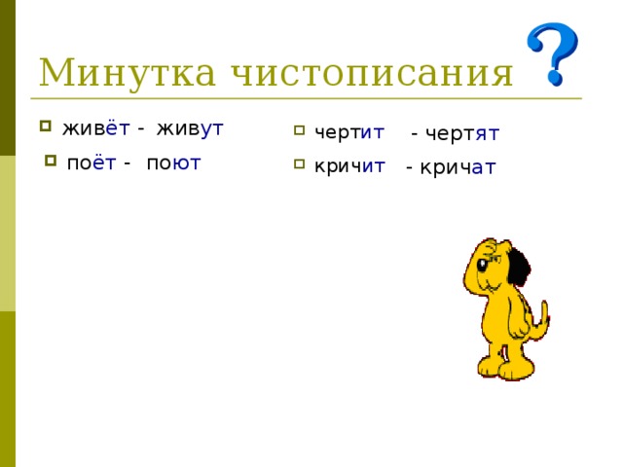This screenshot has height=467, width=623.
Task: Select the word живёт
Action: tap(96, 129)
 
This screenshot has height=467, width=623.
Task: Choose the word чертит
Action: tap(348, 131)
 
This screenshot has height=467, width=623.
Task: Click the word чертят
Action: tap(465, 133)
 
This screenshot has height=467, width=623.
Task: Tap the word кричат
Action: tap(460, 167)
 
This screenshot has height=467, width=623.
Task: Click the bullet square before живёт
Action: tap(45, 126)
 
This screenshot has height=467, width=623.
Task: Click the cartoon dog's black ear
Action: tap(519, 264)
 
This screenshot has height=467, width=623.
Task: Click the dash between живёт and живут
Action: tap(142, 130)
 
